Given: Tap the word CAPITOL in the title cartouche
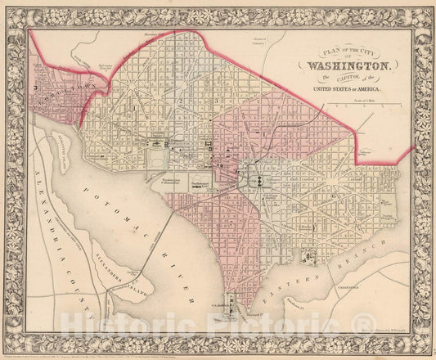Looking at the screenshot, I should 348,77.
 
